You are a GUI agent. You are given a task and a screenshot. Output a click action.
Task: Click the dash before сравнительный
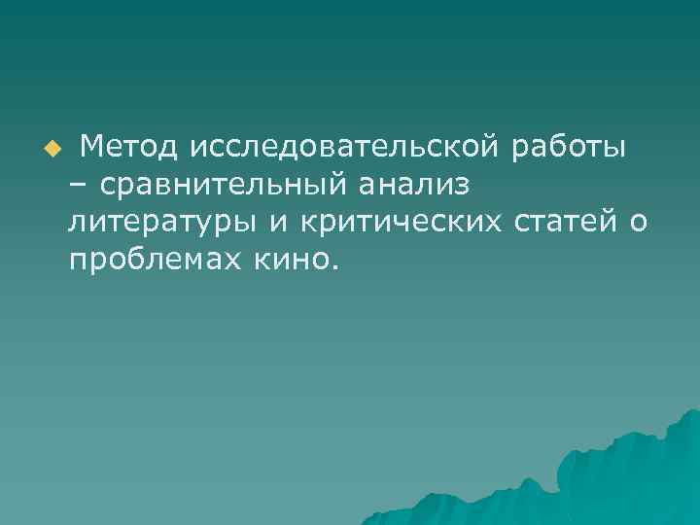pyautogui.click(x=77, y=185)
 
